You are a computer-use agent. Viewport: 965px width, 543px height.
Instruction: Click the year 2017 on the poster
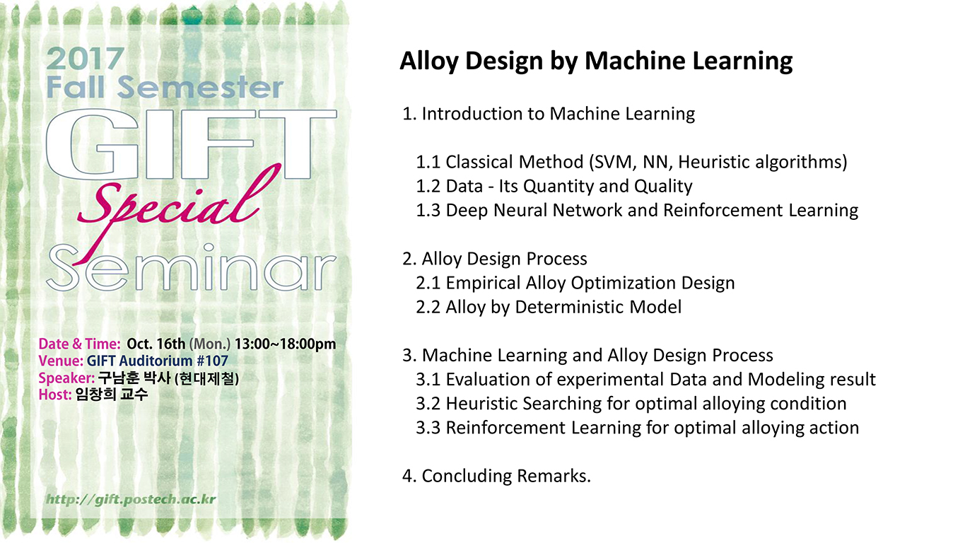pyautogui.click(x=86, y=59)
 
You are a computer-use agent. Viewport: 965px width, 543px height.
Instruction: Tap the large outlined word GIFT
pyautogui.click(x=191, y=144)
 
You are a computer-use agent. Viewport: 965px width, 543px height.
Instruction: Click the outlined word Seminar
pyautogui.click(x=191, y=268)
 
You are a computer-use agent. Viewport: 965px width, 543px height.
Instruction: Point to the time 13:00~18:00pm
pyautogui.click(x=285, y=344)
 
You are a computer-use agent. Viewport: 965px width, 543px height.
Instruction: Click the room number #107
pyautogui.click(x=212, y=361)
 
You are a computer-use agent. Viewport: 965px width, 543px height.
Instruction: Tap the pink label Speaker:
pyautogui.click(x=66, y=378)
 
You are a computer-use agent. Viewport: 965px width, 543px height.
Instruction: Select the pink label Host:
pyautogui.click(x=55, y=395)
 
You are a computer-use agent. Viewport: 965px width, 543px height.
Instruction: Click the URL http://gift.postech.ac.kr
pyautogui.click(x=131, y=499)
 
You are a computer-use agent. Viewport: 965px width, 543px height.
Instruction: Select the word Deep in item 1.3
pyautogui.click(x=467, y=211)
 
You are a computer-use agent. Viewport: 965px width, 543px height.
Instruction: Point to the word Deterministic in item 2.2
pyautogui.click(x=570, y=308)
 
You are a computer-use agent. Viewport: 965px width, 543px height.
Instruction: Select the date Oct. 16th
pyautogui.click(x=156, y=344)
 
